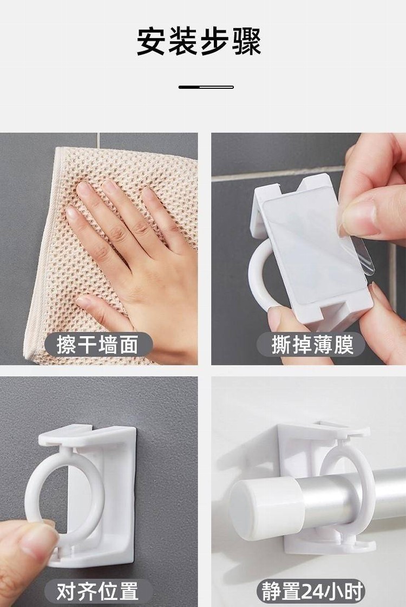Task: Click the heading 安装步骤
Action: (x=199, y=41)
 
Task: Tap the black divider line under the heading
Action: (x=206, y=87)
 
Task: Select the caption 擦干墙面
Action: (x=97, y=344)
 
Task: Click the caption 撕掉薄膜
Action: (x=312, y=345)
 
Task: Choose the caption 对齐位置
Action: (x=97, y=591)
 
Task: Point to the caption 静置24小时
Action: (x=312, y=591)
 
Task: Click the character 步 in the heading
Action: (x=214, y=41)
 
